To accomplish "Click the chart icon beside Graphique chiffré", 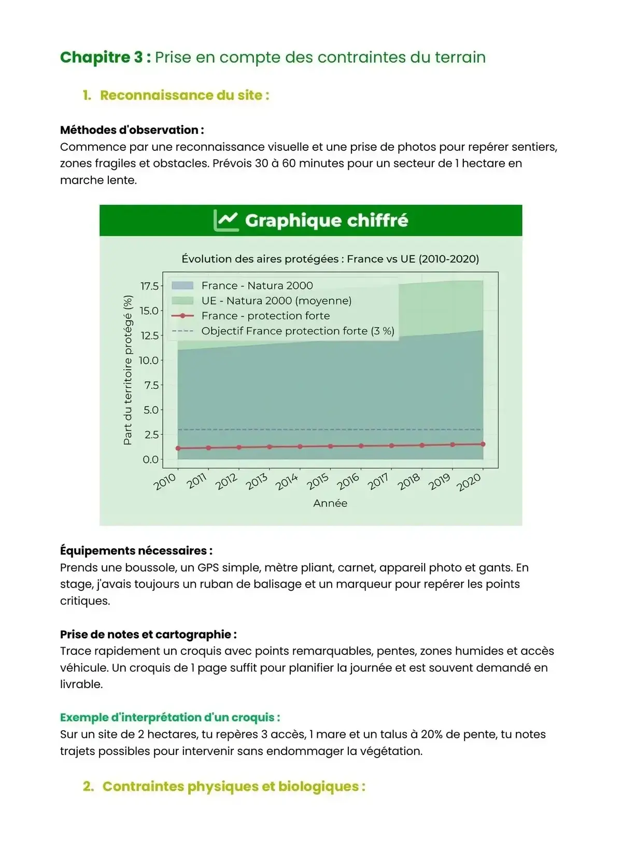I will [226, 221].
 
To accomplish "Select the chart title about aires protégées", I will [330, 259].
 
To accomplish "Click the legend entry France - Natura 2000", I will [257, 286].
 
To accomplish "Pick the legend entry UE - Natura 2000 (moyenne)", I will [276, 301].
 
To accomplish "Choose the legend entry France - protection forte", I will [265, 316].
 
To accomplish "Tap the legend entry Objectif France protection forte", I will [298, 331].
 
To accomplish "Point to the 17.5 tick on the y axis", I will [149, 286].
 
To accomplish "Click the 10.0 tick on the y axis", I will [149, 360].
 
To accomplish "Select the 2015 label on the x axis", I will [317, 482].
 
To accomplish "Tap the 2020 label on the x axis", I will [469, 483].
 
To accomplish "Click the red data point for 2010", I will [178, 449].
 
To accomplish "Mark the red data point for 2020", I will [483, 444].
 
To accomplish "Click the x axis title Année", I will [330, 503].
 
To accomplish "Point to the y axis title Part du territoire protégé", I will [128, 370].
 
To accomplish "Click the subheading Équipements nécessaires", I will [136, 551].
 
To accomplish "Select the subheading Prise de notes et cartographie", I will [148, 634].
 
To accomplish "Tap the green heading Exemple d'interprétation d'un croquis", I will [170, 718].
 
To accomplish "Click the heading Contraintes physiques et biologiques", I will [233, 787].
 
